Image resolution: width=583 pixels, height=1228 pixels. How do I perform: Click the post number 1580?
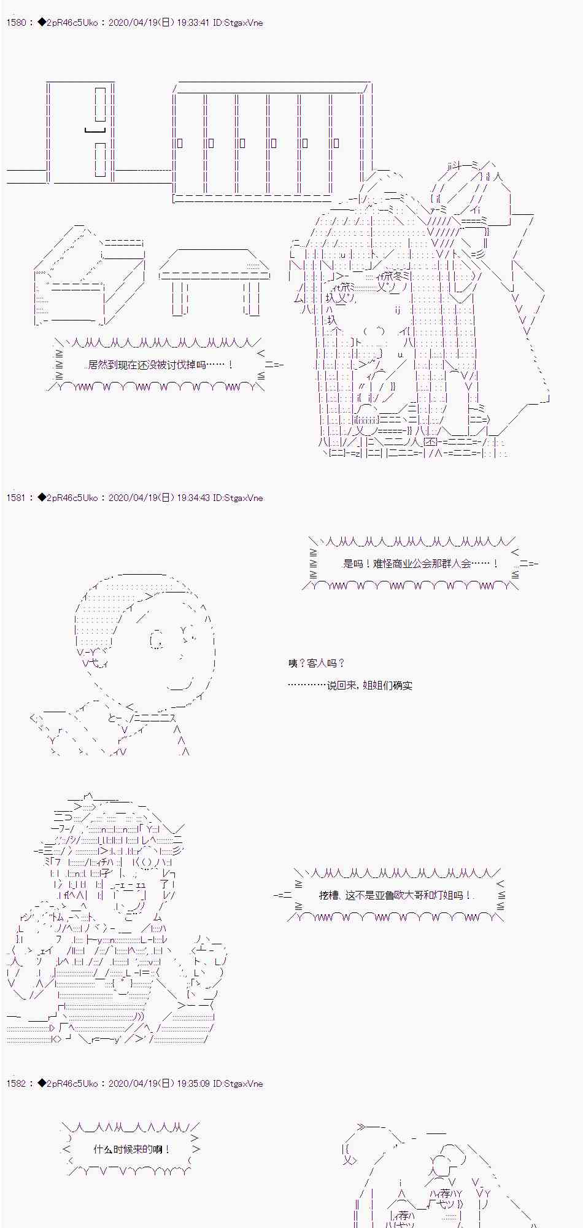tap(16, 23)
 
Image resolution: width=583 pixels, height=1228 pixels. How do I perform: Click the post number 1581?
tap(16, 498)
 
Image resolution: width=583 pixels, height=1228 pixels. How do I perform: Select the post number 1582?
tap(16, 1084)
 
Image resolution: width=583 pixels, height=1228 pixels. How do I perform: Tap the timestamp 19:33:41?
tap(193, 23)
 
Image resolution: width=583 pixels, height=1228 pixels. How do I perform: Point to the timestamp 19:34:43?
tap(193, 498)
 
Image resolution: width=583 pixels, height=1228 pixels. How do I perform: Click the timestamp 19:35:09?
tap(193, 1084)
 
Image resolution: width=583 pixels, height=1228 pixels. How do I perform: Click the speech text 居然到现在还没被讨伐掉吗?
tap(156, 365)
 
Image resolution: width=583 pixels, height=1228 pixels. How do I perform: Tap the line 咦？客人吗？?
tap(317, 663)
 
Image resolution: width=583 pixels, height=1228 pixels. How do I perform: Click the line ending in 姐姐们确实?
tap(350, 685)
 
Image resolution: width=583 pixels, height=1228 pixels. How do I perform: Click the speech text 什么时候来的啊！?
tap(133, 1149)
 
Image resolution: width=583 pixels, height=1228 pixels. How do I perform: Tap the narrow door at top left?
tap(80, 132)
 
